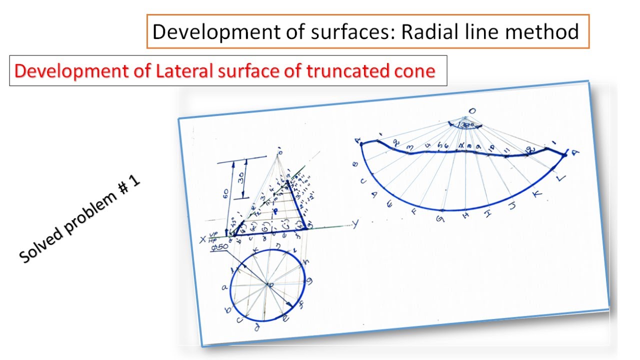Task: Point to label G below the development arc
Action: tap(440, 218)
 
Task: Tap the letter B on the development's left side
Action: tap(356, 163)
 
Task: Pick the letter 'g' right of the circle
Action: tap(310, 281)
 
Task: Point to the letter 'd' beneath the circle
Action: tap(256, 327)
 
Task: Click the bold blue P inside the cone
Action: tap(274, 211)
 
